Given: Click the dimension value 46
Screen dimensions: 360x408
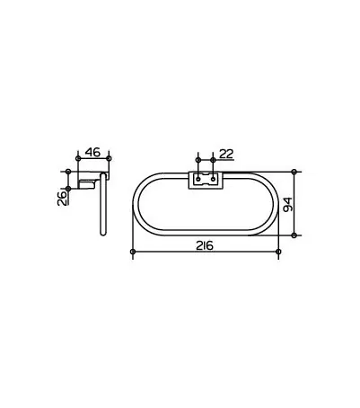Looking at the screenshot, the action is pos(92,152).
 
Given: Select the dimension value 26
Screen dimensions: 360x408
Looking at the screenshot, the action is pos(62,198).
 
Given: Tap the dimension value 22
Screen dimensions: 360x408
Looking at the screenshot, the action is pos(226,154).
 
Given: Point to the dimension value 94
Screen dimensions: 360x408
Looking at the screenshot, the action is pos(287,204).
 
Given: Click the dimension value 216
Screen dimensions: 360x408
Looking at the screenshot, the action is pos(205,245).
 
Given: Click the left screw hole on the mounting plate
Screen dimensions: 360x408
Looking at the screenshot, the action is pos(198,179).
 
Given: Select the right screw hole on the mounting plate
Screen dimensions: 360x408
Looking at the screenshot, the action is pos(213,179).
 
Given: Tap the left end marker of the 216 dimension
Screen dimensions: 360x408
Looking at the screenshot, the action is pos(133,252).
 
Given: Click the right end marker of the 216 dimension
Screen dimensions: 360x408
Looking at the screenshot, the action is pos(279,252).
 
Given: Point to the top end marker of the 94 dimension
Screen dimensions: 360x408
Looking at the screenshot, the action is pos(294,172).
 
